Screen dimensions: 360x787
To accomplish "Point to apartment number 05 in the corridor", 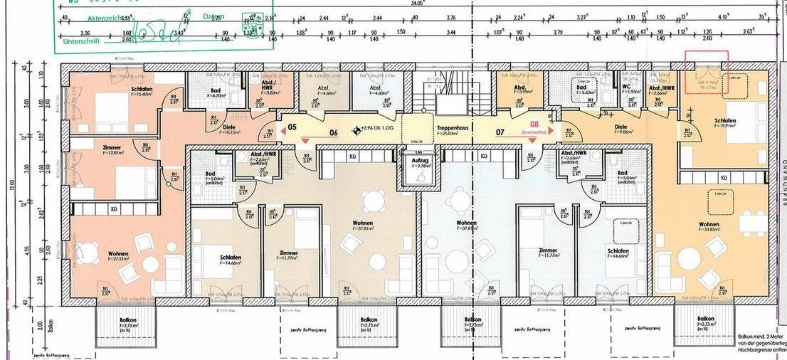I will click(x=292, y=127).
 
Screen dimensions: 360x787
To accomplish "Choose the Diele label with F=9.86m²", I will click(x=611, y=127).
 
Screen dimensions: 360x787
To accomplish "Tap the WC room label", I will click(x=626, y=88).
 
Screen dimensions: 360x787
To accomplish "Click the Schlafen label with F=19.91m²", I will click(x=724, y=121).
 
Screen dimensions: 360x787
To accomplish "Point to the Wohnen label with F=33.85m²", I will click(x=709, y=225).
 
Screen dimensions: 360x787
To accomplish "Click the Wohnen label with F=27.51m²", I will click(x=118, y=253).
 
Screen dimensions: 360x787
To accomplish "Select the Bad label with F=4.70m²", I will click(x=216, y=90).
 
